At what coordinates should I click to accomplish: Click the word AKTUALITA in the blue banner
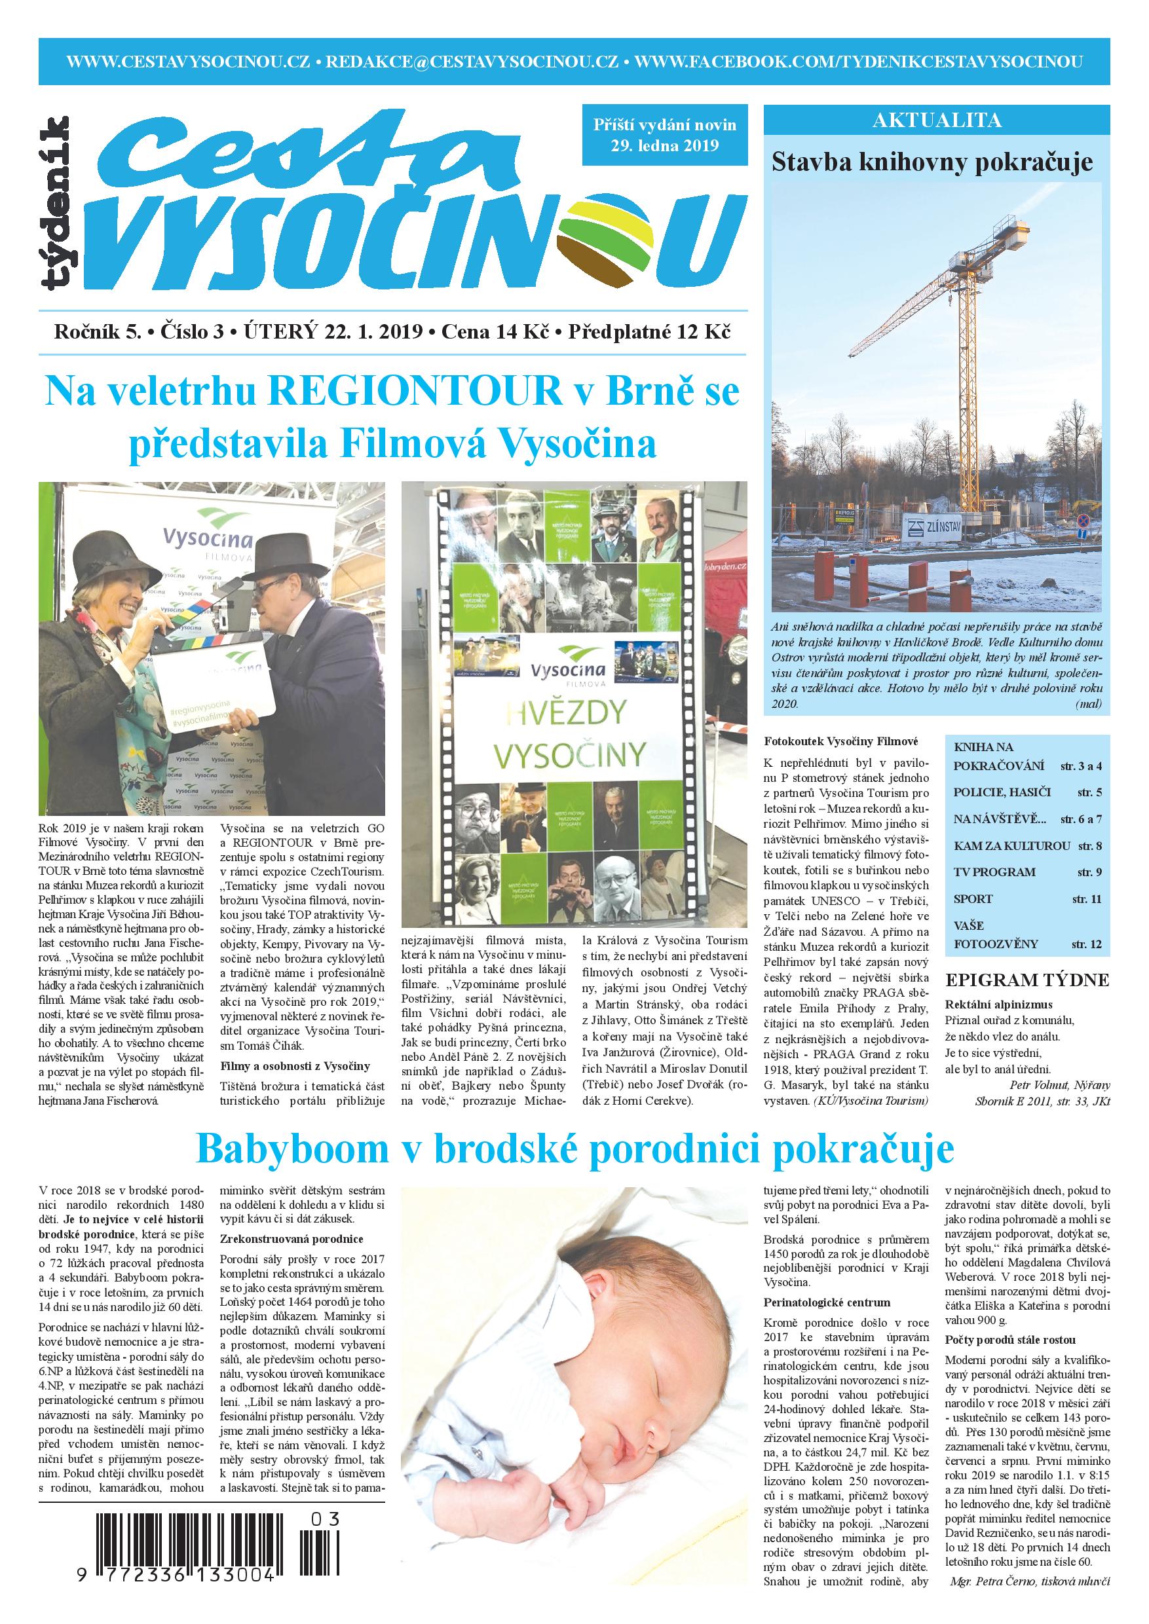(937, 120)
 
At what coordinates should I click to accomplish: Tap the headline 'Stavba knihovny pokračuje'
(932, 162)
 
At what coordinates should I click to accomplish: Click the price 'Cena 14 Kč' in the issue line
(495, 333)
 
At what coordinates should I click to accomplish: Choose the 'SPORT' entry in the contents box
(973, 899)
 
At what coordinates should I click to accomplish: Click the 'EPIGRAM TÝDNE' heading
(1027, 980)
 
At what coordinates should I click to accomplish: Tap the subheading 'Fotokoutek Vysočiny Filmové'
(840, 741)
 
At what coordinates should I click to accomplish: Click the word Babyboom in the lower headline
(291, 1149)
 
